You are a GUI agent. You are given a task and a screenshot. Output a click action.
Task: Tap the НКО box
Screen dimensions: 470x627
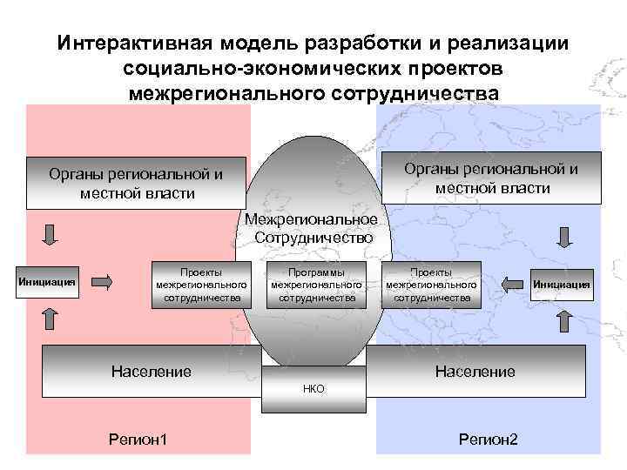(x=313, y=389)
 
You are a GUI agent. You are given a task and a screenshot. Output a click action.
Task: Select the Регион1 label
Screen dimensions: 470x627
(x=138, y=439)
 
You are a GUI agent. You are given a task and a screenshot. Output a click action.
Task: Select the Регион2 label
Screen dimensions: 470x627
(x=488, y=439)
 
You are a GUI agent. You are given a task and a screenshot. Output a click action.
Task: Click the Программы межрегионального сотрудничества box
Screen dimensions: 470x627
(x=316, y=284)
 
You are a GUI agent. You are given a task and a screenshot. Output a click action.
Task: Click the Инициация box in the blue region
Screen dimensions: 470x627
(x=561, y=284)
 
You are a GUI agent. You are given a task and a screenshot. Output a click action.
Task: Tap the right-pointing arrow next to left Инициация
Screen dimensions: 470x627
(x=103, y=281)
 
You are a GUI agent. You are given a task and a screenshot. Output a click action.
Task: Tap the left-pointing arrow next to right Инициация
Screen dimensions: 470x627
(x=514, y=283)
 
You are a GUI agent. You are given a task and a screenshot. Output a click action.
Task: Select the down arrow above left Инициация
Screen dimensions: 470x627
(x=50, y=234)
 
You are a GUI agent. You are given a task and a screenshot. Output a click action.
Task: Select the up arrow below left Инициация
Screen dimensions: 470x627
(x=50, y=318)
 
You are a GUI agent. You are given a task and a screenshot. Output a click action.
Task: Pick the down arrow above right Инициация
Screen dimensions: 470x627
(x=563, y=235)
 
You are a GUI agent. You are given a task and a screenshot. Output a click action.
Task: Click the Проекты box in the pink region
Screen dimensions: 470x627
(x=200, y=284)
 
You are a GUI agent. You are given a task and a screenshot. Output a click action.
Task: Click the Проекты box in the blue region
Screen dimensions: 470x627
(x=431, y=284)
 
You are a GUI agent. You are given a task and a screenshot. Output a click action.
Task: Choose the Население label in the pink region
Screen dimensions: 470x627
(x=151, y=372)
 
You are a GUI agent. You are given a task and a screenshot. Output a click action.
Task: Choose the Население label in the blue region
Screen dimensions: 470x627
(x=475, y=372)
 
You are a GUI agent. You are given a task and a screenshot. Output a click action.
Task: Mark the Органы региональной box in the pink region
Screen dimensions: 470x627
(x=136, y=183)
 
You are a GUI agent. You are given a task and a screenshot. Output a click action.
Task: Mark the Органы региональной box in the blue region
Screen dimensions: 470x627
(x=493, y=178)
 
